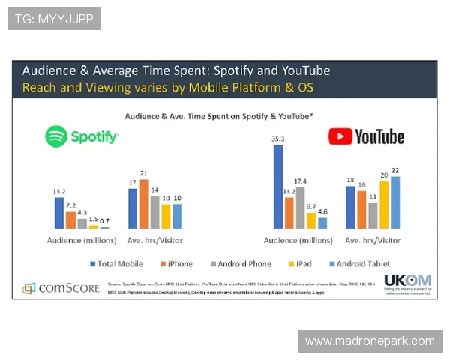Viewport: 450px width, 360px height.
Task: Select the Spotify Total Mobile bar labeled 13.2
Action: [x=59, y=212]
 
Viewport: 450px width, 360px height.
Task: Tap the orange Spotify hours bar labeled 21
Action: [x=144, y=203]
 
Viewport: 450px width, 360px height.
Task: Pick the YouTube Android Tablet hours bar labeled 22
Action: [x=395, y=202]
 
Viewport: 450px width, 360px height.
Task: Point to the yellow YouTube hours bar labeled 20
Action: [x=384, y=204]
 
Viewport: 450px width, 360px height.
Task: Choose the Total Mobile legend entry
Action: [x=118, y=264]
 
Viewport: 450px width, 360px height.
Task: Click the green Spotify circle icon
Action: [x=56, y=136]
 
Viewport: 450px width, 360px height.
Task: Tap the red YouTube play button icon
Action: [x=339, y=136]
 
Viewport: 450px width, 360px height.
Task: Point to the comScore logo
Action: [x=56, y=287]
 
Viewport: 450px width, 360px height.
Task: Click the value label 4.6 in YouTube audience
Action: [x=322, y=212]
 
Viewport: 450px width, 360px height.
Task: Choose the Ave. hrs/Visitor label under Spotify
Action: [x=155, y=240]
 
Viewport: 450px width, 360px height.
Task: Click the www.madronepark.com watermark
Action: [x=370, y=341]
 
